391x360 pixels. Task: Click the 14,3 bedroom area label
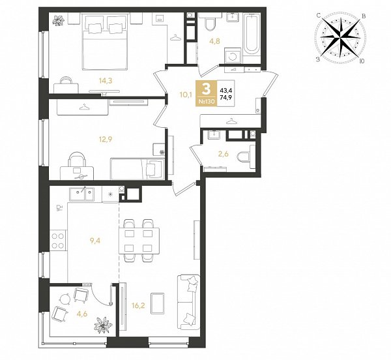[x=105, y=81]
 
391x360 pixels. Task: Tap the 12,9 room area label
[x=105, y=139]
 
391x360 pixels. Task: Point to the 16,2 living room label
[x=138, y=305]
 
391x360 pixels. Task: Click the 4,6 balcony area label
[x=82, y=314]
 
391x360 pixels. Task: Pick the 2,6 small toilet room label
[x=223, y=154]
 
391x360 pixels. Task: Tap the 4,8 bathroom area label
[x=214, y=41]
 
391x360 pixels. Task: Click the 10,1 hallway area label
[x=185, y=95]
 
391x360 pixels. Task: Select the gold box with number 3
[x=206, y=93]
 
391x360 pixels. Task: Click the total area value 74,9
[x=225, y=98]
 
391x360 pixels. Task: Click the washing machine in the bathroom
[x=233, y=56]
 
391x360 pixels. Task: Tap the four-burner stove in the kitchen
[x=57, y=241]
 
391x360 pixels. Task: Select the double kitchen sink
[x=82, y=194]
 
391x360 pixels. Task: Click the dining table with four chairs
[x=139, y=241]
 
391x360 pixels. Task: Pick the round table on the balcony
[x=65, y=299]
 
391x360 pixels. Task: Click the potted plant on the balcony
[x=103, y=325]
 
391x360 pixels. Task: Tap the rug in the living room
[x=157, y=303]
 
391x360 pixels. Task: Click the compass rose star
[x=340, y=38]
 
